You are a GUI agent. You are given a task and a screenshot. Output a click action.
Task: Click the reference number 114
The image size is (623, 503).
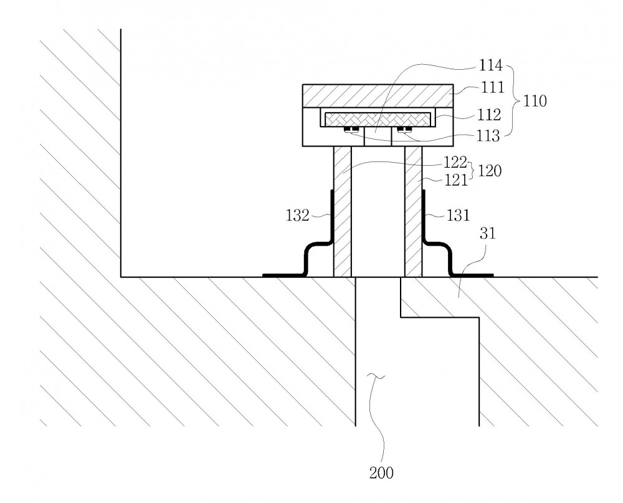click(x=491, y=65)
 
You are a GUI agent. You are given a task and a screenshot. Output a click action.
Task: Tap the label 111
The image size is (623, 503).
click(x=493, y=87)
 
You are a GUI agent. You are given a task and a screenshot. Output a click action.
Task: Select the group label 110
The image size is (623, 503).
click(x=535, y=101)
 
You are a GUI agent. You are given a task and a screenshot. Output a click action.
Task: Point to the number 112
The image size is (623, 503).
click(x=489, y=115)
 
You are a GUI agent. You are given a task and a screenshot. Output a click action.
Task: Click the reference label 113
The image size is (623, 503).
click(x=488, y=136)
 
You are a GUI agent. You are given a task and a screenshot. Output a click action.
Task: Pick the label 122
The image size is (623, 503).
click(x=455, y=162)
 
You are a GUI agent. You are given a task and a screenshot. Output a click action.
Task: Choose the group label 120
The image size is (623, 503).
click(x=490, y=171)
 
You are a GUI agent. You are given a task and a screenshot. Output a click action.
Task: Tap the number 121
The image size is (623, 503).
click(x=455, y=180)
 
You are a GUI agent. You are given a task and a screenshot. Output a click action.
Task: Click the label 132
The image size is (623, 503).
click(x=298, y=216)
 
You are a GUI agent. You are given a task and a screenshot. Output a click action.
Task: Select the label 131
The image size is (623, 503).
click(x=459, y=216)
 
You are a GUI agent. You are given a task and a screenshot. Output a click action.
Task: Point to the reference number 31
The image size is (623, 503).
click(x=488, y=233)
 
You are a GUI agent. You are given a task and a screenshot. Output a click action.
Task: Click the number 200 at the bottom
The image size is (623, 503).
click(x=381, y=473)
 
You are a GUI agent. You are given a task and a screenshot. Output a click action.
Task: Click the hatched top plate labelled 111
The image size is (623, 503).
click(x=378, y=96)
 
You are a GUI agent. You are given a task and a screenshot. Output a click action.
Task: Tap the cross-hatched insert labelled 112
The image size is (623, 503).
click(x=378, y=118)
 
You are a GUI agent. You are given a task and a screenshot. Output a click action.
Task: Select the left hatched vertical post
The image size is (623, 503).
click(x=343, y=211)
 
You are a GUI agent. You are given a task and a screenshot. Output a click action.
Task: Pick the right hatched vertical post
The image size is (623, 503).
click(x=413, y=211)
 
